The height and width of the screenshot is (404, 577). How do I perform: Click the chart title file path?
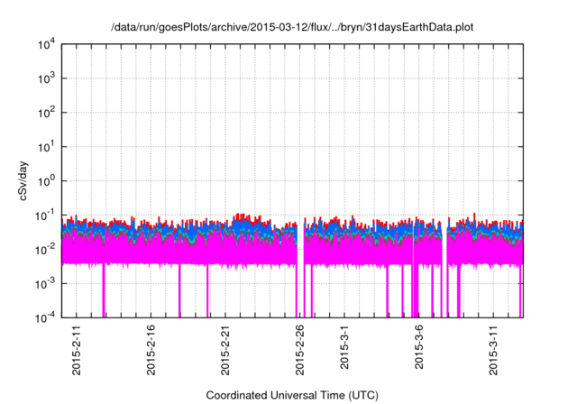[x=291, y=27]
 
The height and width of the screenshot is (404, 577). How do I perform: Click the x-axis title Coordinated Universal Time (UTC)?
[x=291, y=395]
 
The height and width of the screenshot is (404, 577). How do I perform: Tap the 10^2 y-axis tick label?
[x=47, y=114]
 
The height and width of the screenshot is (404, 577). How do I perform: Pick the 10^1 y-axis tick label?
[x=47, y=147]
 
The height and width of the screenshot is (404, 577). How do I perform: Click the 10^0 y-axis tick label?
[x=47, y=181]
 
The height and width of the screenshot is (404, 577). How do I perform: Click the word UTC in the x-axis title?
[x=361, y=395]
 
